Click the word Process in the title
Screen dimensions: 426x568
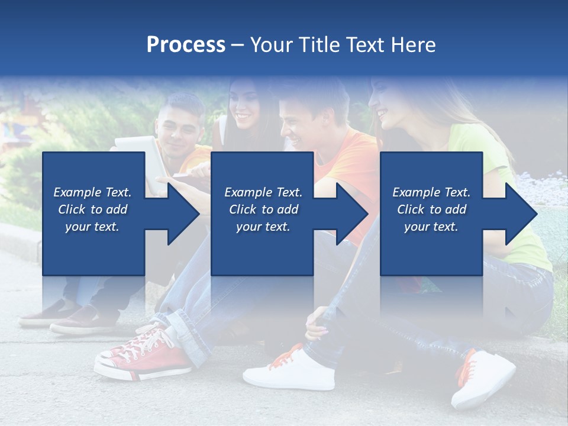tap(186, 45)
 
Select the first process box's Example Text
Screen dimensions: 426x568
tap(93, 192)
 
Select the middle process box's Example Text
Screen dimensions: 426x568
tap(263, 192)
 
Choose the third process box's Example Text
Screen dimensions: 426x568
tap(431, 192)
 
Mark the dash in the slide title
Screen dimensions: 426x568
tap(237, 45)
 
